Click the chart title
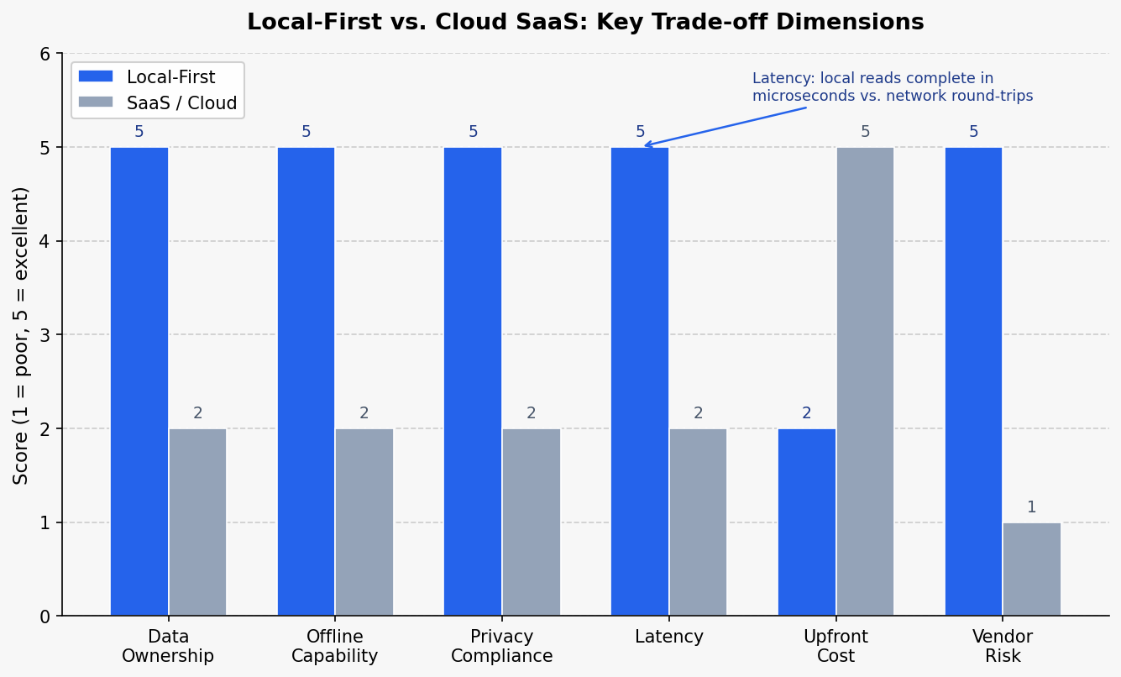click(585, 23)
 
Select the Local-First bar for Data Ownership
click(139, 381)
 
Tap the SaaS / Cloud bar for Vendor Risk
click(1032, 569)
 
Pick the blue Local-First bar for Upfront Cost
click(807, 522)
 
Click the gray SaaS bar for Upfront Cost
click(865, 381)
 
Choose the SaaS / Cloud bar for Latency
click(698, 522)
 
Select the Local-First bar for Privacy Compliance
click(473, 381)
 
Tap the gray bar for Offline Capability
click(364, 522)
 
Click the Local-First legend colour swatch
click(95, 77)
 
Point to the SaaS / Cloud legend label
click(182, 103)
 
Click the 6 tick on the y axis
click(45, 54)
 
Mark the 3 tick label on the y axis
click(45, 335)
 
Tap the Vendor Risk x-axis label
click(1003, 646)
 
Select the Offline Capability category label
click(335, 646)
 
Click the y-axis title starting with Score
click(21, 335)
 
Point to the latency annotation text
click(893, 87)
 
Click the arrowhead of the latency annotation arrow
click(645, 145)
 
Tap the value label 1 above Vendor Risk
click(1032, 507)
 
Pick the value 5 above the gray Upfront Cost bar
click(865, 132)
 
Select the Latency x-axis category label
click(669, 637)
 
